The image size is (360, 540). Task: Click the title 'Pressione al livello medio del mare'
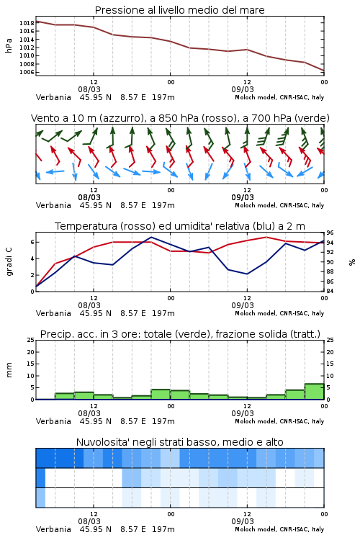(179, 10)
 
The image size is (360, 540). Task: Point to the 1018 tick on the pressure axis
(27, 23)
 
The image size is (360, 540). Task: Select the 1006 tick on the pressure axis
(27, 72)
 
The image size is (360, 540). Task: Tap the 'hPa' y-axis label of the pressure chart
(9, 45)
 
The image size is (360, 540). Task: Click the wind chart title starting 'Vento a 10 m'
(180, 118)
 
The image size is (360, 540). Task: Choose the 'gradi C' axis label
(9, 262)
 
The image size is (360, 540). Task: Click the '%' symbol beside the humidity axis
(352, 262)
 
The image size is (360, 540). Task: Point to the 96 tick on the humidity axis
(330, 233)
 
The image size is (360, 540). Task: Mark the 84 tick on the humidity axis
(330, 291)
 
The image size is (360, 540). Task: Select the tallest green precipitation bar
(314, 392)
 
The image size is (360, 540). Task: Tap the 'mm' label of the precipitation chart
(9, 370)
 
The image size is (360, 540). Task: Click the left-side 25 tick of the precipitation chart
(31, 340)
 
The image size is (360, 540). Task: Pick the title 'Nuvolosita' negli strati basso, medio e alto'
(179, 442)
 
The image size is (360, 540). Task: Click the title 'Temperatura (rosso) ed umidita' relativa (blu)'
(180, 226)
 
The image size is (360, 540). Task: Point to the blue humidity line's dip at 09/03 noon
(247, 274)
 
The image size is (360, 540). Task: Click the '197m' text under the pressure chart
(163, 97)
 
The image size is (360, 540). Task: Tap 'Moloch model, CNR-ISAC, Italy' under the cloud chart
(279, 529)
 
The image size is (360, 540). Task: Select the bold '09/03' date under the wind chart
(243, 198)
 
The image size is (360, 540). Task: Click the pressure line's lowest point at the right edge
(324, 71)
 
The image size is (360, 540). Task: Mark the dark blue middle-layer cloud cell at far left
(40, 477)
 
